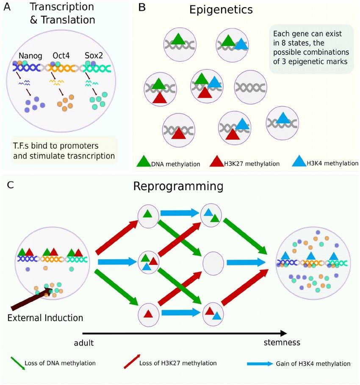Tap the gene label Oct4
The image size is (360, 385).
pos(62,56)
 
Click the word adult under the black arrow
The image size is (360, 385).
pos(83,342)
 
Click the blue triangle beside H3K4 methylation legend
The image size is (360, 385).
pos(299,161)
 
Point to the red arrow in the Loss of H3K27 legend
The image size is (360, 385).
pos(133,362)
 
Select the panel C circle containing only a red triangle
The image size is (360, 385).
pos(148,313)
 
